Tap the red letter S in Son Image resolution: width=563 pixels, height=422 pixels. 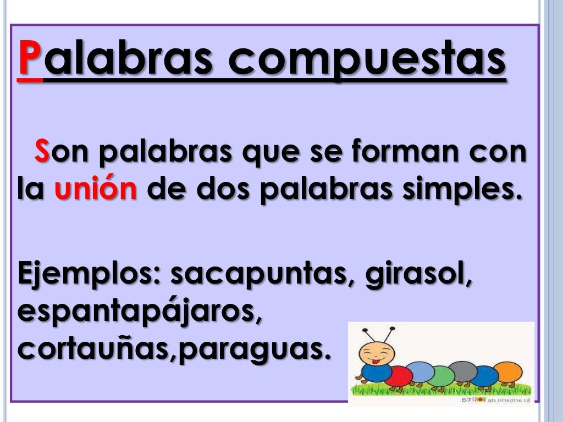(x=42, y=152)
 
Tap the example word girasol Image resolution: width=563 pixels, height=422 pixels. (x=421, y=274)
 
